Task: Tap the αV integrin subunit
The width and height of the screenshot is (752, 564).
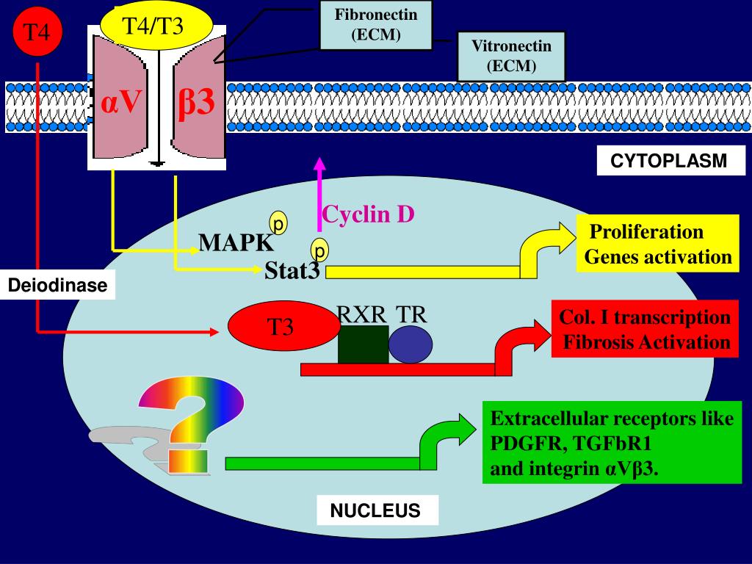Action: click(120, 103)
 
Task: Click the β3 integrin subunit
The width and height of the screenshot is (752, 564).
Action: click(197, 103)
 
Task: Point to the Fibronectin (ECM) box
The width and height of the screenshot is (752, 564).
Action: click(375, 25)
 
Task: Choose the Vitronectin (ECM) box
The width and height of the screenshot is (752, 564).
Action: click(511, 56)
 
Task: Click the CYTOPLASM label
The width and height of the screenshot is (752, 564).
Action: click(668, 161)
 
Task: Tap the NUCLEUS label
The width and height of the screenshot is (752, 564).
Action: click(377, 510)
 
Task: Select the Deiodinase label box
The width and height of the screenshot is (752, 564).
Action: click(57, 285)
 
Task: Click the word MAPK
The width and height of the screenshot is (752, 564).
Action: click(236, 242)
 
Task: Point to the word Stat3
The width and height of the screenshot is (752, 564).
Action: click(292, 272)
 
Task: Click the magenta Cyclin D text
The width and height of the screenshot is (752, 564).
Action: click(369, 214)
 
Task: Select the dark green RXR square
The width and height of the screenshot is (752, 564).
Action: click(363, 344)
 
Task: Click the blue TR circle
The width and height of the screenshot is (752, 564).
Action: click(410, 344)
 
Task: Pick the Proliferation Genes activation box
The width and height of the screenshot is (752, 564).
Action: click(657, 244)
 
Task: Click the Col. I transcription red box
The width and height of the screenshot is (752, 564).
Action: click(645, 329)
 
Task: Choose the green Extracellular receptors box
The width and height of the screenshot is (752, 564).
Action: click(612, 443)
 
